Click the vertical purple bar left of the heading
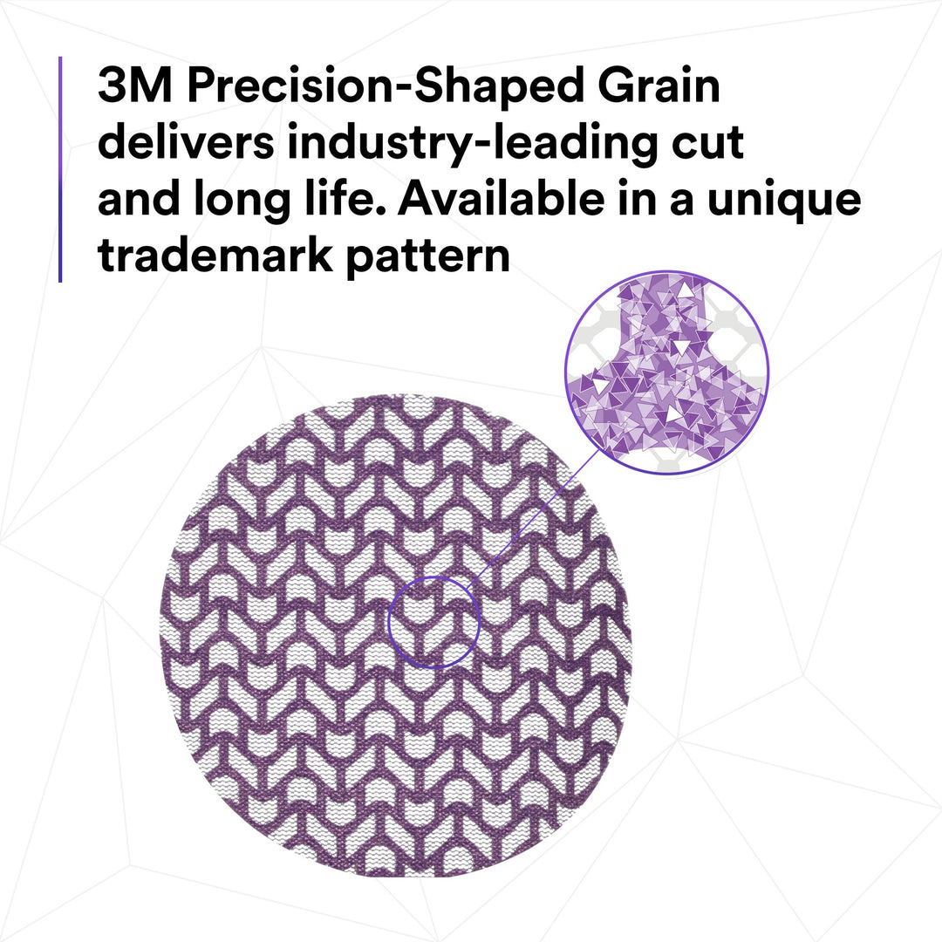(60, 169)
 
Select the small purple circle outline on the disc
(433, 622)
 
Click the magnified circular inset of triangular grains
(666, 372)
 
